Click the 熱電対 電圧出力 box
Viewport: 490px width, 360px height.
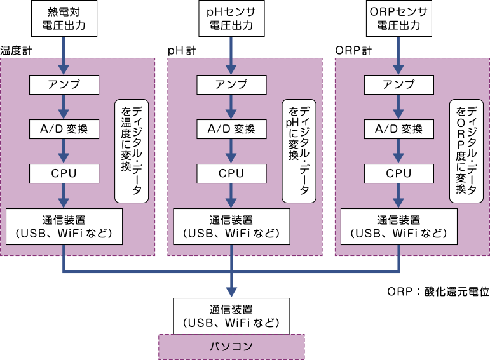(x=64, y=19)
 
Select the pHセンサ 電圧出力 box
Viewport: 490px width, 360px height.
(x=231, y=19)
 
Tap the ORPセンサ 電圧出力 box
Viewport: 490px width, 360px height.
(x=399, y=19)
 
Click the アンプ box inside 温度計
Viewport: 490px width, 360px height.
(x=64, y=84)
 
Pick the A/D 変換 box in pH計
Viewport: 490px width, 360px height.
(x=231, y=129)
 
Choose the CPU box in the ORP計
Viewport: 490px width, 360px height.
(x=399, y=173)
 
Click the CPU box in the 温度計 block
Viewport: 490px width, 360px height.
(x=64, y=173)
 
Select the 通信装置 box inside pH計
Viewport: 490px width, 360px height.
(x=231, y=226)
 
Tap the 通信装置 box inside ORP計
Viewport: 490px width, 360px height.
(x=399, y=226)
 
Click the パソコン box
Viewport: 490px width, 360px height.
(x=231, y=347)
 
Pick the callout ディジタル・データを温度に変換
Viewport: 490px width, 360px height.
(x=132, y=150)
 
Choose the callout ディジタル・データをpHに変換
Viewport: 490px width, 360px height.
(x=299, y=150)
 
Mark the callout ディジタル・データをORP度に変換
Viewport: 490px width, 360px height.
(x=466, y=150)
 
